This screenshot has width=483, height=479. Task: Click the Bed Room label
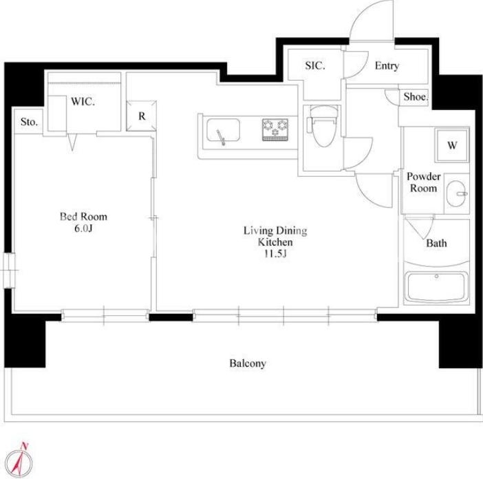coord(83,217)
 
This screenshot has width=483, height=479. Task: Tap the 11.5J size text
coord(275,254)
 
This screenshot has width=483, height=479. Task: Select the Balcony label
coord(248,363)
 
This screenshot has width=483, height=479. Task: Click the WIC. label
coord(83,101)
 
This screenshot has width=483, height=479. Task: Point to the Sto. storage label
coord(30,122)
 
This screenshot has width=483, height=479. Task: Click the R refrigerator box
coord(141,116)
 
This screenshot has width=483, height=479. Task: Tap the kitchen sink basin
coord(223,129)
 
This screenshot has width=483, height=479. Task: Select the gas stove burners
coord(275,129)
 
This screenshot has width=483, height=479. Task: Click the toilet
coord(323,127)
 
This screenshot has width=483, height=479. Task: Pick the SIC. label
coord(315,65)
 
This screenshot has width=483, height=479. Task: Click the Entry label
coord(387,66)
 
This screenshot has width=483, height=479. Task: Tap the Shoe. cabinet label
coord(416,97)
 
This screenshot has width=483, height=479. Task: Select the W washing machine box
coord(452,145)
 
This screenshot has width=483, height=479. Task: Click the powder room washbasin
coord(456,194)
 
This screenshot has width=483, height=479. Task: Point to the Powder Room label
coord(424,182)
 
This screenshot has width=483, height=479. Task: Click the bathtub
coord(436,287)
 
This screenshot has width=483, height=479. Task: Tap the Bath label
coord(436,244)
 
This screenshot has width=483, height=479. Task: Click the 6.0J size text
coord(83,228)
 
